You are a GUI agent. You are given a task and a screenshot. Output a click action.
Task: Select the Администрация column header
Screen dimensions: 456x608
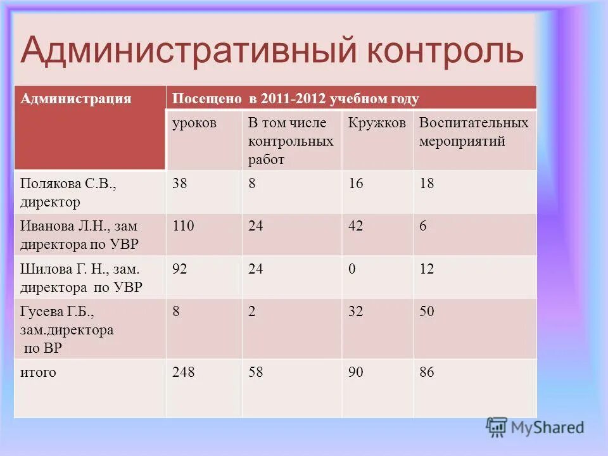click(76, 99)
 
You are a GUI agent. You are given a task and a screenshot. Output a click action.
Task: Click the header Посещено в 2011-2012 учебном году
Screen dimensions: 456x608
click(296, 99)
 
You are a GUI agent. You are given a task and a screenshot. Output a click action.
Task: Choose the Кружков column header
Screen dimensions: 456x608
click(377, 123)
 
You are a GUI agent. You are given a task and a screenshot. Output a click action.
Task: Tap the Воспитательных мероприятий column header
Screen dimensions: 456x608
click(474, 132)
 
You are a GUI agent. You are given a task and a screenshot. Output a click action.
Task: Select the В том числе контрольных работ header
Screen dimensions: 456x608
click(291, 141)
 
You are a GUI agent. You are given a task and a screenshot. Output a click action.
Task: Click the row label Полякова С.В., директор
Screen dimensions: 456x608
click(68, 193)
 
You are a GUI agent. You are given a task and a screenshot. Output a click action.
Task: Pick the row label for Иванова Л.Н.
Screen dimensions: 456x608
click(79, 234)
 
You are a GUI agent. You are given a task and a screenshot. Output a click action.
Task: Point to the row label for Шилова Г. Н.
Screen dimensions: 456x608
click(81, 277)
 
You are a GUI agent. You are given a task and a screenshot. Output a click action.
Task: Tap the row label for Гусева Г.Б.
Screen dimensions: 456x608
click(67, 329)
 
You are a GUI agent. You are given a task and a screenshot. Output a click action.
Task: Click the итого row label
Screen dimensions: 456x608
click(38, 372)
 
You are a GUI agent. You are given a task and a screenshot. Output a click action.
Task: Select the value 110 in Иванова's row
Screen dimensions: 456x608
click(184, 226)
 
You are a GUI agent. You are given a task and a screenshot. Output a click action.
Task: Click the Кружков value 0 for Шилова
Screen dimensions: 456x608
click(352, 269)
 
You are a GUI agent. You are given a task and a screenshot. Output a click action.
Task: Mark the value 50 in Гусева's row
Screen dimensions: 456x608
click(427, 312)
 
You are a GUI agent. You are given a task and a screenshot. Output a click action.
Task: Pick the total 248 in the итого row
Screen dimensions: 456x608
click(184, 372)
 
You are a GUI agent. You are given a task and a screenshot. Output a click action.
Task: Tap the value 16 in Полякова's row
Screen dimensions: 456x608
click(356, 184)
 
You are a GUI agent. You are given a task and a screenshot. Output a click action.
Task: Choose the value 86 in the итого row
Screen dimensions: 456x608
click(427, 372)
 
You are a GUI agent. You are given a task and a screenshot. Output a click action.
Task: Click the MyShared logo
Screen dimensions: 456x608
click(536, 427)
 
